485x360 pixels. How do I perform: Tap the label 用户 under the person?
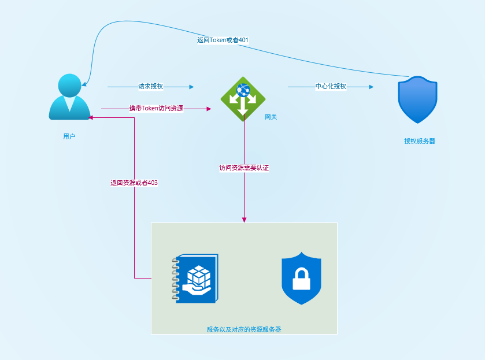point(69,136)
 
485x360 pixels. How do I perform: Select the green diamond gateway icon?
point(243,98)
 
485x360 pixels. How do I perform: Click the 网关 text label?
point(271,117)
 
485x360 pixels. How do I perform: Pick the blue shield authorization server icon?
point(417,99)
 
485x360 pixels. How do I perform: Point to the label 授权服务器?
point(420,141)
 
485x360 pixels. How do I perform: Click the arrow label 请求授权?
point(150,87)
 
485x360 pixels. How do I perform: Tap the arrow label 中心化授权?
point(331,87)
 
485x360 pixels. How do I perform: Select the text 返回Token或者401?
point(223,40)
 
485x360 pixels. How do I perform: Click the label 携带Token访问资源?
point(156,108)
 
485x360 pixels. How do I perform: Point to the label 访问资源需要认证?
point(244,168)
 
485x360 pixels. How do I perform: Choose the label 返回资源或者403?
point(134,183)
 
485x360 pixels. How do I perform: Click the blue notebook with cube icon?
point(195,279)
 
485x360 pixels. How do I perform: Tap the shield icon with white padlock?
point(301,278)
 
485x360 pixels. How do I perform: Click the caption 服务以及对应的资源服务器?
point(244,329)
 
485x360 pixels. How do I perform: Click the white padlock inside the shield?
point(301,280)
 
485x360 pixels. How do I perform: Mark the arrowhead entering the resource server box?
point(244,220)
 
